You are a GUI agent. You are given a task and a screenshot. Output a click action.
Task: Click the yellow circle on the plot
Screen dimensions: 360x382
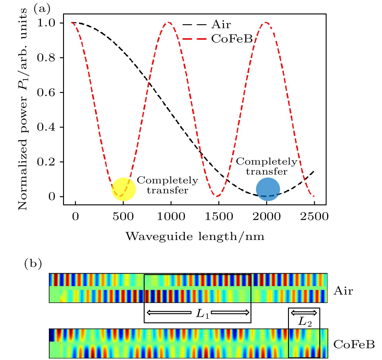[x=123, y=189]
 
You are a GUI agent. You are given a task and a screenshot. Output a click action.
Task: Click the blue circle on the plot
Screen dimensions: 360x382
[x=268, y=189]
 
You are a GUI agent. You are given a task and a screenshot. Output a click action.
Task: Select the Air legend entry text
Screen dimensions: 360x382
[x=221, y=25]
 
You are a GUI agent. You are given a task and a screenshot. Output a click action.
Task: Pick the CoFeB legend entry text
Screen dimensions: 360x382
[x=232, y=39]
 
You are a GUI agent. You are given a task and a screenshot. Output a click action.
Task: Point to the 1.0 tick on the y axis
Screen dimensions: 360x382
[x=46, y=23]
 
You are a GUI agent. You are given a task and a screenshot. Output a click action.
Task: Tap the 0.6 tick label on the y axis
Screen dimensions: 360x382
[x=46, y=92]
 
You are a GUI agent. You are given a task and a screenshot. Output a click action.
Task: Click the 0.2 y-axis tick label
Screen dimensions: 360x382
[x=46, y=162]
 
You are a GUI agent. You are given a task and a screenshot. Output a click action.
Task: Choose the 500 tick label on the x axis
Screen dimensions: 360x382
[x=123, y=216]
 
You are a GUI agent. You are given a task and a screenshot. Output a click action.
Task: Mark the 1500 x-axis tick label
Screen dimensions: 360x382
[x=219, y=216]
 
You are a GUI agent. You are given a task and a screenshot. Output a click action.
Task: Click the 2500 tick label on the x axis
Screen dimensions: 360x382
[x=314, y=216]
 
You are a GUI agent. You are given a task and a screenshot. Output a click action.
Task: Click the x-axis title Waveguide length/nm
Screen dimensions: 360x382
[x=195, y=236]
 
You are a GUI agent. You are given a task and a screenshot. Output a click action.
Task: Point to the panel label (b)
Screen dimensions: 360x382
[x=33, y=264]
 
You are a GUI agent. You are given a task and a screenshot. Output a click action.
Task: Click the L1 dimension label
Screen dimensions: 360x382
[x=203, y=314]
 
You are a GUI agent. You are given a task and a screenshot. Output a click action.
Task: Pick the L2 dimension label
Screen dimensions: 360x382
[x=305, y=322]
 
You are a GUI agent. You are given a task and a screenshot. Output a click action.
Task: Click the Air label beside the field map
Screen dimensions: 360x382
[x=343, y=291]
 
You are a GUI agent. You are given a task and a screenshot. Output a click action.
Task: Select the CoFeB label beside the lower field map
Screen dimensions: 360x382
[x=354, y=344]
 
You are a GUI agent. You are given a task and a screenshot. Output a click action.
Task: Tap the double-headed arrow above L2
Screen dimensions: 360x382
[x=304, y=312]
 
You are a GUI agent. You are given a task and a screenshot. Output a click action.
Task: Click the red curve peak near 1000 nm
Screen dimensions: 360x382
[x=169, y=23]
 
